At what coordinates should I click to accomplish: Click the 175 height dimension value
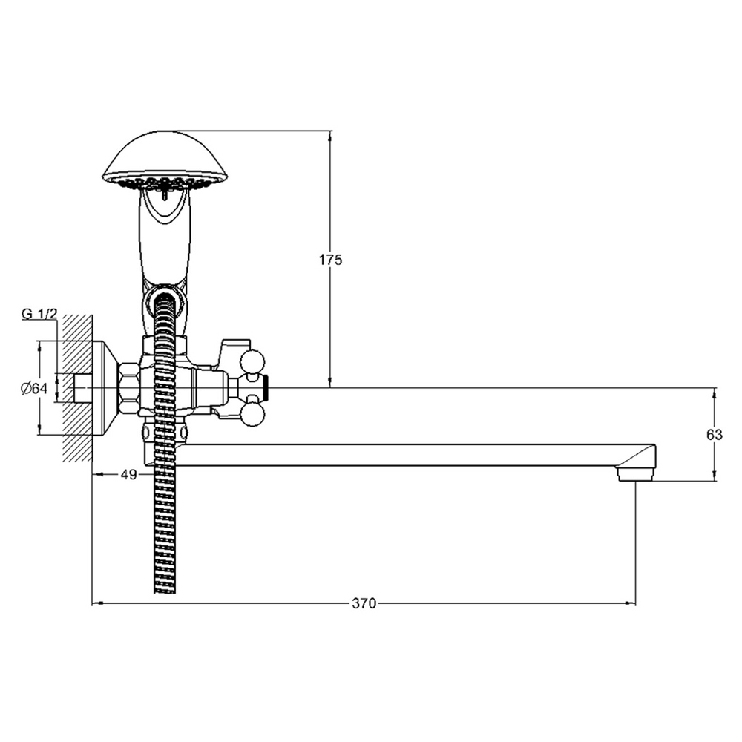[330, 260]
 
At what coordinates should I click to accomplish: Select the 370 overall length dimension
[364, 603]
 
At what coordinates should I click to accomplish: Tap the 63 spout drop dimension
[715, 434]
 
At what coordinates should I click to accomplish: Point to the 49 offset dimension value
[128, 474]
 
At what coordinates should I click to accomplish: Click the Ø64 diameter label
[34, 389]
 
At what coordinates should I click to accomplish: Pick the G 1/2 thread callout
[39, 314]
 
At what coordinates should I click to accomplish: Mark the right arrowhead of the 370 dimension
[630, 603]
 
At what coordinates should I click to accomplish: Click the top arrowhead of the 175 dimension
[330, 137]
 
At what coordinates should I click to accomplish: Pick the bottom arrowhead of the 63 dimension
[715, 476]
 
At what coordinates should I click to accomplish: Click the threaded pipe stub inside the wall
[83, 389]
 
